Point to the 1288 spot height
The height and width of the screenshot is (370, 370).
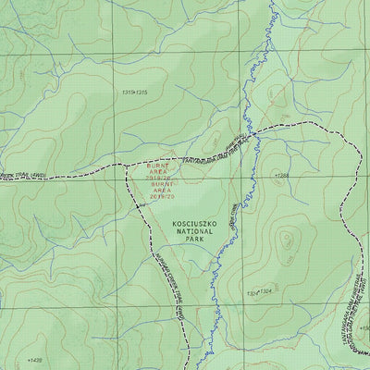pyautogui.click(x=282, y=174)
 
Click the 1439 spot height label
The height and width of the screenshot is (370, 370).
pyautogui.click(x=34, y=361)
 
